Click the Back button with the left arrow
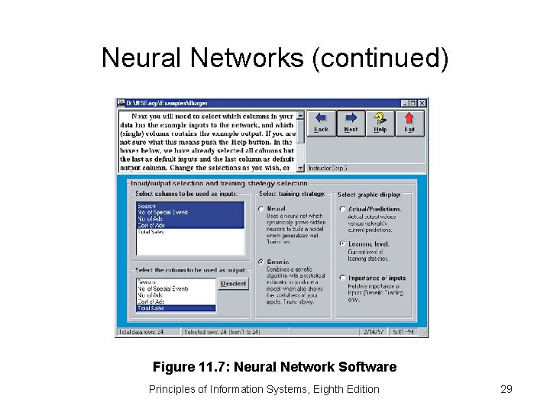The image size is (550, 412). (321, 122)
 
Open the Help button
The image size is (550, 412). (380, 122)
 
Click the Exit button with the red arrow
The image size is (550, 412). (409, 122)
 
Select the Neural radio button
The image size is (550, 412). (261, 209)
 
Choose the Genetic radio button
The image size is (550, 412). (261, 262)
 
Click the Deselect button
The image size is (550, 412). (233, 284)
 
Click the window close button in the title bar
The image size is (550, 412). (422, 103)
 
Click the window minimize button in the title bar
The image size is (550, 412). (405, 103)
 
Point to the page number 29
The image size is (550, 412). (506, 389)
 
